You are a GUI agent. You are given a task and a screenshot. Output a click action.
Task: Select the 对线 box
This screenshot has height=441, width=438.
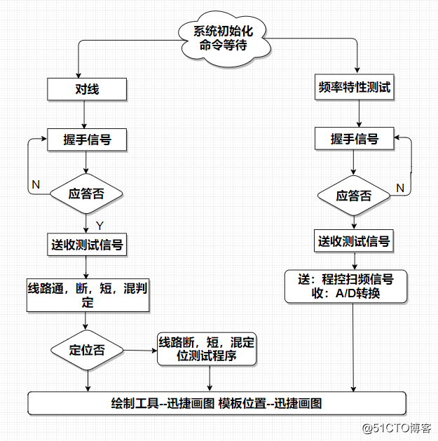tap(87, 89)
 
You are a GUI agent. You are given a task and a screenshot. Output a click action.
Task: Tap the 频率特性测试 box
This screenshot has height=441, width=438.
tap(354, 89)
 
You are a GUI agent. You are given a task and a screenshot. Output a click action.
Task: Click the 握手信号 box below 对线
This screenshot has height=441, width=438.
tap(87, 140)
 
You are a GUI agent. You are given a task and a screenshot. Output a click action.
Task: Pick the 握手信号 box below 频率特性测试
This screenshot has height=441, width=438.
tap(354, 140)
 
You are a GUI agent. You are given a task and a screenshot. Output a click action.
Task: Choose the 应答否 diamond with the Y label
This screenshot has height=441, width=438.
tap(87, 194)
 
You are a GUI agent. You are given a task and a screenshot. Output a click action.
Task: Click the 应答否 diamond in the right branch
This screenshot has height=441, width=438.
tap(354, 196)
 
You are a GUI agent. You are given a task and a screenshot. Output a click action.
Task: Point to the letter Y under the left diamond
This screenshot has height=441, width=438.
tap(100, 226)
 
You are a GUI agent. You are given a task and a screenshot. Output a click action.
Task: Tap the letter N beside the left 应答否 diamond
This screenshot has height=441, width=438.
tap(36, 184)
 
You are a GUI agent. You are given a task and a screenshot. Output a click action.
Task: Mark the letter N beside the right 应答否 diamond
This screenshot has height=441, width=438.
tap(400, 187)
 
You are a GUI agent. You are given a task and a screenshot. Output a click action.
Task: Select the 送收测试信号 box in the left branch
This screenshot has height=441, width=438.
tap(87, 245)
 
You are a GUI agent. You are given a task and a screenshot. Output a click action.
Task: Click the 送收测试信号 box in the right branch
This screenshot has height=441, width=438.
tap(354, 242)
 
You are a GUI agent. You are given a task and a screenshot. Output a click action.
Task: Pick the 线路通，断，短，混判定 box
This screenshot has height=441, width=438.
tap(87, 295)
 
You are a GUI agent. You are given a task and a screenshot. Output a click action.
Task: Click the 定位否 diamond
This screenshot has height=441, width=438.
tap(87, 350)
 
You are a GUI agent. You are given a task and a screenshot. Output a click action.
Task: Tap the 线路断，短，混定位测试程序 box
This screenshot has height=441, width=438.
tap(206, 348)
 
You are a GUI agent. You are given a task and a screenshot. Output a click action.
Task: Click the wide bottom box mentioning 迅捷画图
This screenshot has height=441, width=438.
tap(217, 403)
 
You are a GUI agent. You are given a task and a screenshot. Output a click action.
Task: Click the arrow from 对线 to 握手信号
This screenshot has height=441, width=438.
tap(86, 114)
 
